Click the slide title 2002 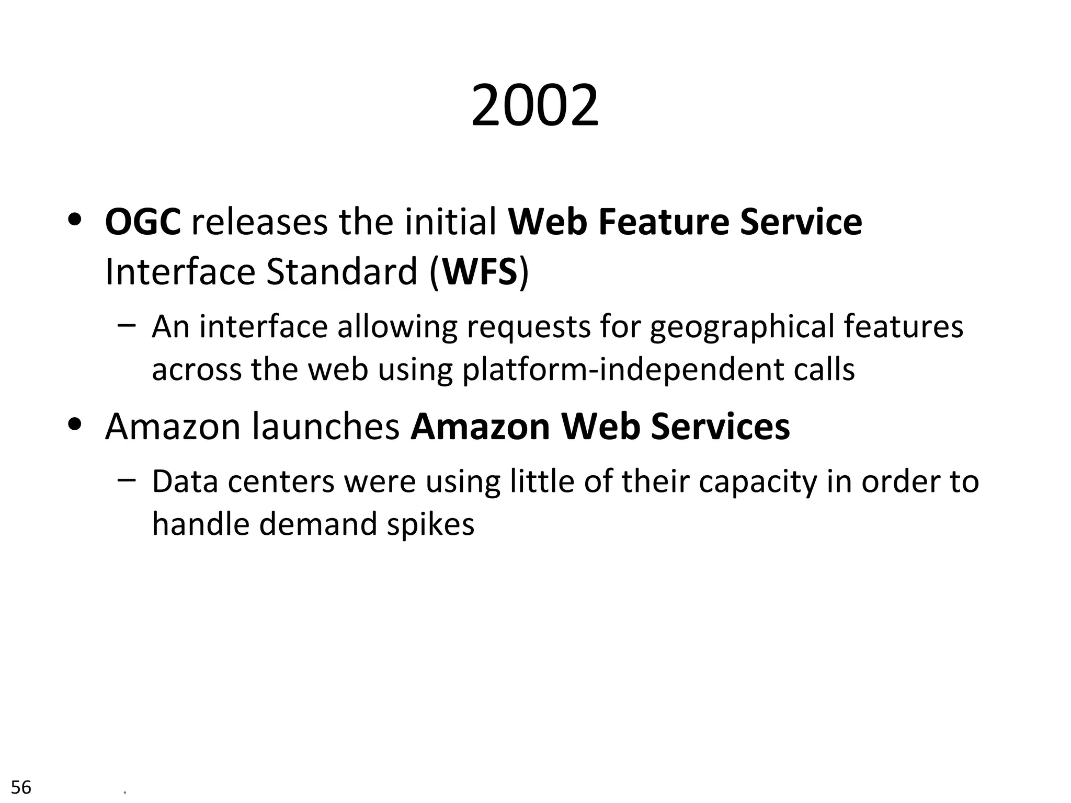tap(534, 107)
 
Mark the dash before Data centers tap(127, 479)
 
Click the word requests tap(528, 327)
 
